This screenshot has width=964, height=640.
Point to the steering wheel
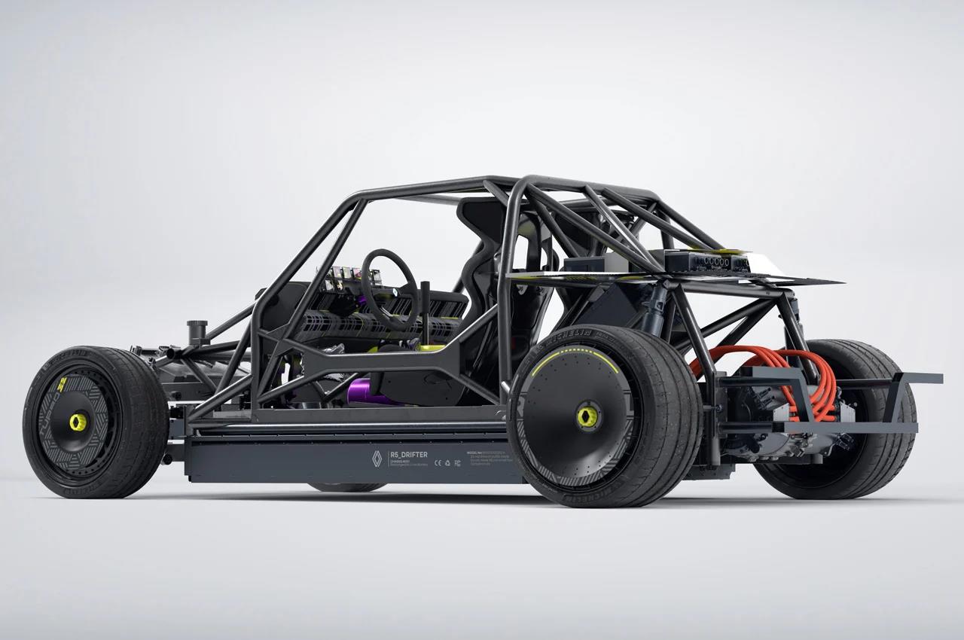tap(389, 280)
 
